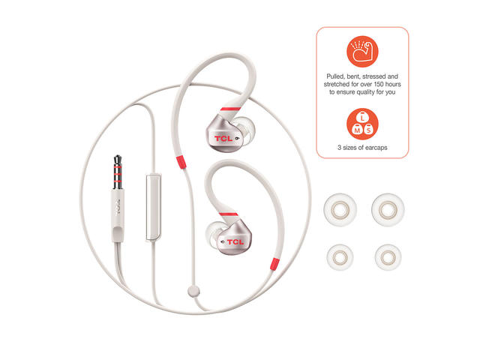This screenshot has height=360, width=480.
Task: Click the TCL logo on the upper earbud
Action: (x=223, y=138)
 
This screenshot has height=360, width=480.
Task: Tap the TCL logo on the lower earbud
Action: (x=235, y=241)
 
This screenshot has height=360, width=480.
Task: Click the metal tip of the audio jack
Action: (x=118, y=172)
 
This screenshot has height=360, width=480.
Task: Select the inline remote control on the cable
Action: (x=153, y=207)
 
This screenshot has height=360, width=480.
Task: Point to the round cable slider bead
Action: (x=193, y=291)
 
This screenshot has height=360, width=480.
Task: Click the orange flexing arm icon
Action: (x=362, y=52)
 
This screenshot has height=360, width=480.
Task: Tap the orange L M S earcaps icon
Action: (x=362, y=124)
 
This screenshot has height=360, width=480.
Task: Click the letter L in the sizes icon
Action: (x=362, y=118)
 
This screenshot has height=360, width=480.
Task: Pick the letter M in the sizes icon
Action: (x=357, y=130)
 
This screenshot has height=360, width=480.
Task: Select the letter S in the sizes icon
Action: (x=369, y=130)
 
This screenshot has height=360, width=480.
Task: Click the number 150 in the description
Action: (x=379, y=84)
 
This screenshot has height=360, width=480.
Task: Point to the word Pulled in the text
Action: (x=334, y=76)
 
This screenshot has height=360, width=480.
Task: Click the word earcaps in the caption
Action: (x=376, y=148)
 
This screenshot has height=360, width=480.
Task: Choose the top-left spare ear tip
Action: (x=340, y=210)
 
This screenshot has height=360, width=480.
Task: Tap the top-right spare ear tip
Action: (x=388, y=210)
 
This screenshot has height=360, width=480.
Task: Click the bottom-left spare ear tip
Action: (x=340, y=257)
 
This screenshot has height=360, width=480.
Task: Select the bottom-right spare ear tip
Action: (x=388, y=257)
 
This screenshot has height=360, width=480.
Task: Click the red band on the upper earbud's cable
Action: (x=181, y=162)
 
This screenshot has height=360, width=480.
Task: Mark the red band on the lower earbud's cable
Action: (x=274, y=264)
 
